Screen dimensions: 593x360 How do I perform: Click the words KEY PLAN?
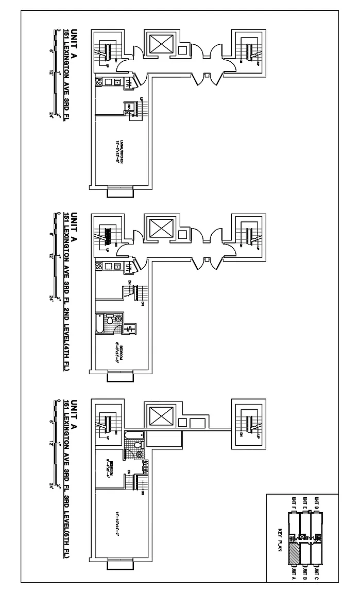[x=280, y=538]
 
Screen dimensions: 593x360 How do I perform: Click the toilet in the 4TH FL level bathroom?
[x=110, y=320]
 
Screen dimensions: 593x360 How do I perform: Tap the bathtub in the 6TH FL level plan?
[x=131, y=435]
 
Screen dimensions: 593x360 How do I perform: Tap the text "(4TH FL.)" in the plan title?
[x=67, y=360]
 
